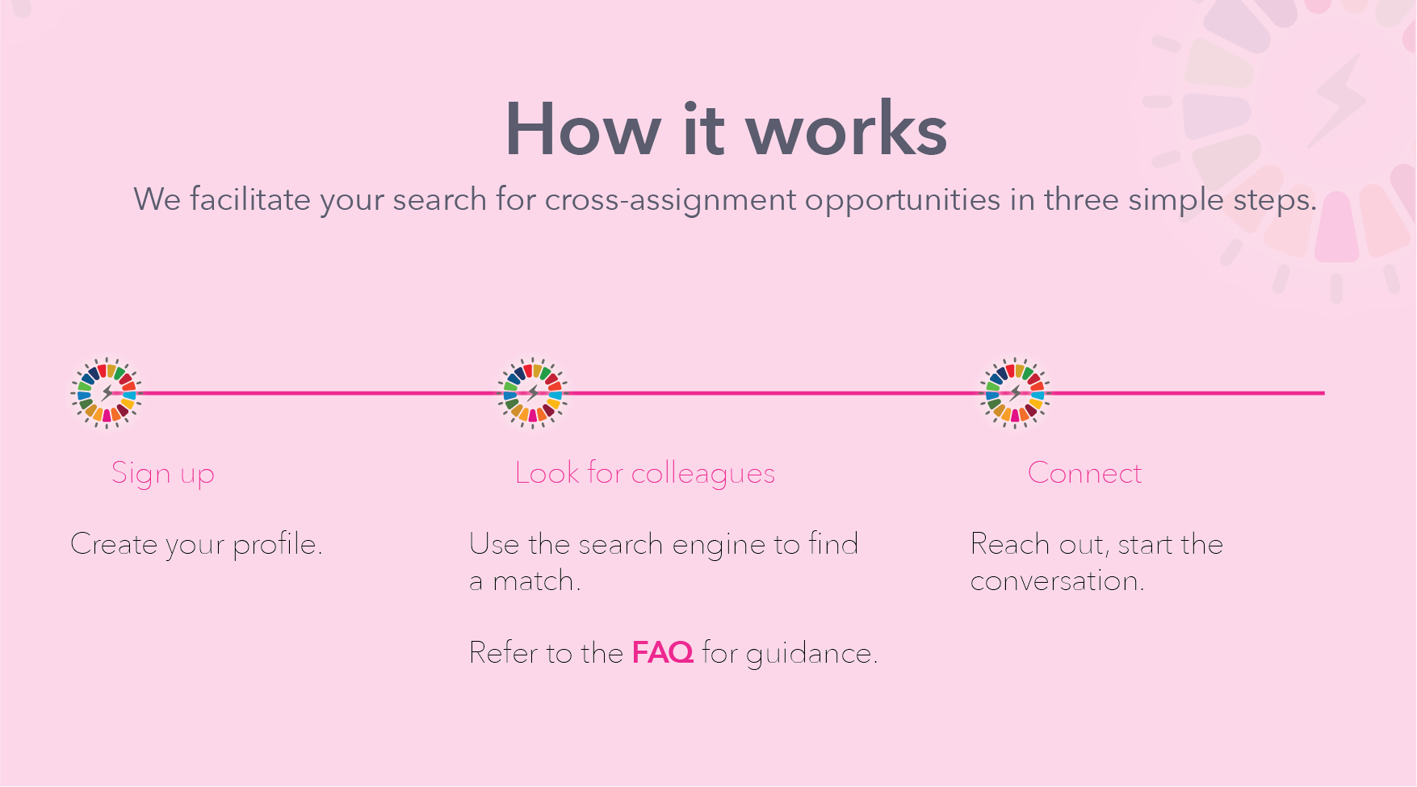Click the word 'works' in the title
click(x=846, y=129)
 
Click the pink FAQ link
click(x=662, y=652)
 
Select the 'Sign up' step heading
click(x=163, y=474)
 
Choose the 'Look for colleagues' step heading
click(x=645, y=473)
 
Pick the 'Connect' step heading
click(x=1084, y=473)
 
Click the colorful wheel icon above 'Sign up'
click(x=106, y=393)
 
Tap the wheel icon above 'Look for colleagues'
click(x=532, y=393)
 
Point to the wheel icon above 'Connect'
click(x=1015, y=393)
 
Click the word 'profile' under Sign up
click(x=275, y=545)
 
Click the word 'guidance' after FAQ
click(x=809, y=654)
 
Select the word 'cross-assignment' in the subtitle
click(x=670, y=200)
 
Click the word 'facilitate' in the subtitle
click(x=249, y=199)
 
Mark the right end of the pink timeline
click(x=1324, y=393)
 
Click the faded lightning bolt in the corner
click(x=1337, y=99)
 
